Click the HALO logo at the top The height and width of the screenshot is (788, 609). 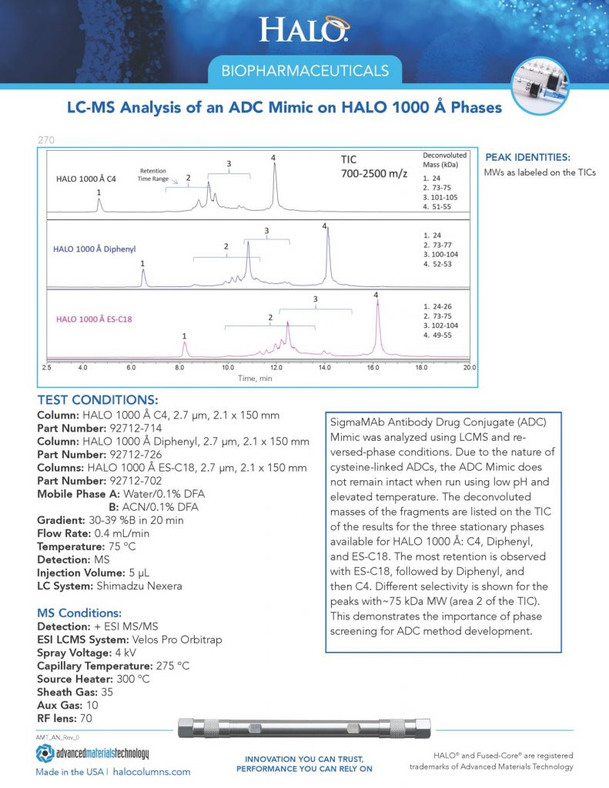click(x=304, y=29)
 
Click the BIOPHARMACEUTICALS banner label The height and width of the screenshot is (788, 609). click(x=304, y=72)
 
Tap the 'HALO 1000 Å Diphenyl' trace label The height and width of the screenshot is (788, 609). click(x=95, y=249)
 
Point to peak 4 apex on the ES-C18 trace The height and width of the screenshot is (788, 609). click(x=377, y=302)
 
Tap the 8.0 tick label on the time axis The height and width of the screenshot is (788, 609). click(x=179, y=369)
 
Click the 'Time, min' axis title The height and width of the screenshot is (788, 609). click(x=255, y=379)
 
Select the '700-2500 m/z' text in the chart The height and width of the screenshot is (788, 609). click(x=374, y=175)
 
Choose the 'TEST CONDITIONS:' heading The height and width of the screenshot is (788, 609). click(x=98, y=400)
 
